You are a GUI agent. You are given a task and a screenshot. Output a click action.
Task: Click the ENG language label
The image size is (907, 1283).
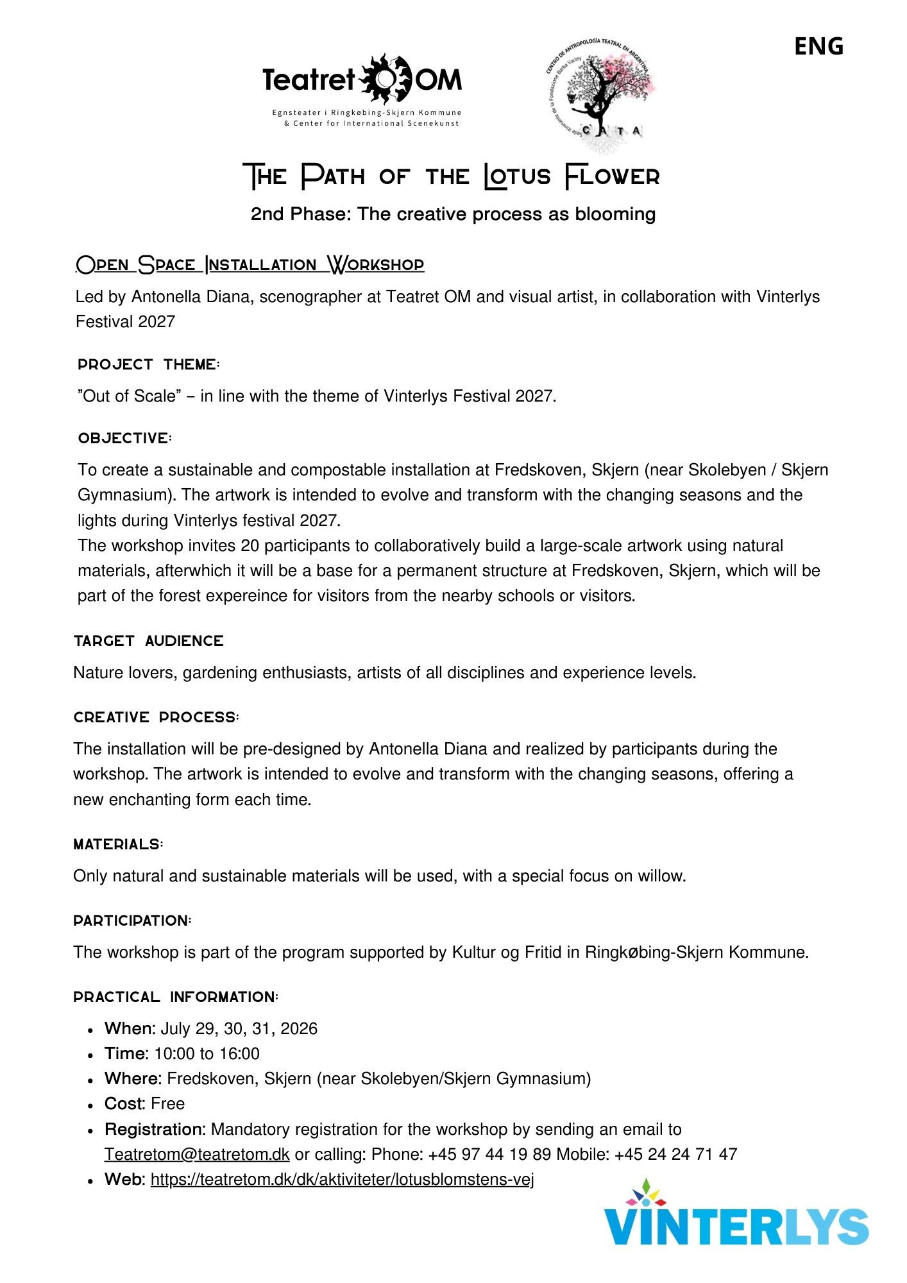point(818,46)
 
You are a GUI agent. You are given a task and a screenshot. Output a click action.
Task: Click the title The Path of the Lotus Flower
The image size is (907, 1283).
point(452,176)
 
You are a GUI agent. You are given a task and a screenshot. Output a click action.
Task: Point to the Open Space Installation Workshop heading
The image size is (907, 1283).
point(250,264)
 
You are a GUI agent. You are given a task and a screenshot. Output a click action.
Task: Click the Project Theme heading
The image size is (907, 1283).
point(149,364)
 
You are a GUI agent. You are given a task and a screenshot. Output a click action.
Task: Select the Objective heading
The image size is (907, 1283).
point(125,438)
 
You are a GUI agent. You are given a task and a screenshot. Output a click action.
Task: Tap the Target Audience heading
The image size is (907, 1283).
point(149,641)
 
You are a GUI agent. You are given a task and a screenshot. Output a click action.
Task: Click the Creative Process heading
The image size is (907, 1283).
point(157,717)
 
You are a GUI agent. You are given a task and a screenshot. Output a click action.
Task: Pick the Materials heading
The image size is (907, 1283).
point(118,844)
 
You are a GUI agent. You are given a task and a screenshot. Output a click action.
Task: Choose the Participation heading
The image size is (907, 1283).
point(132,921)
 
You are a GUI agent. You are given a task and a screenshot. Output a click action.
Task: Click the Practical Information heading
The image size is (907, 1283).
point(176,997)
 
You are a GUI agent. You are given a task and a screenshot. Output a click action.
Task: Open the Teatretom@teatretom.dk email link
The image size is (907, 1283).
point(197,1154)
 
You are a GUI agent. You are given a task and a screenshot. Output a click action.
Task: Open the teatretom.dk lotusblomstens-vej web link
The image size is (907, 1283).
point(342,1179)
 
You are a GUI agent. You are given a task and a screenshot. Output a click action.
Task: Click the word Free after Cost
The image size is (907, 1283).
point(168,1103)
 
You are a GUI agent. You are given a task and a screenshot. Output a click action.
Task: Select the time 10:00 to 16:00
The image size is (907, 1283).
point(207,1053)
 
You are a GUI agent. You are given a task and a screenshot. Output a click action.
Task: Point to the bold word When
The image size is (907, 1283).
point(130,1028)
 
